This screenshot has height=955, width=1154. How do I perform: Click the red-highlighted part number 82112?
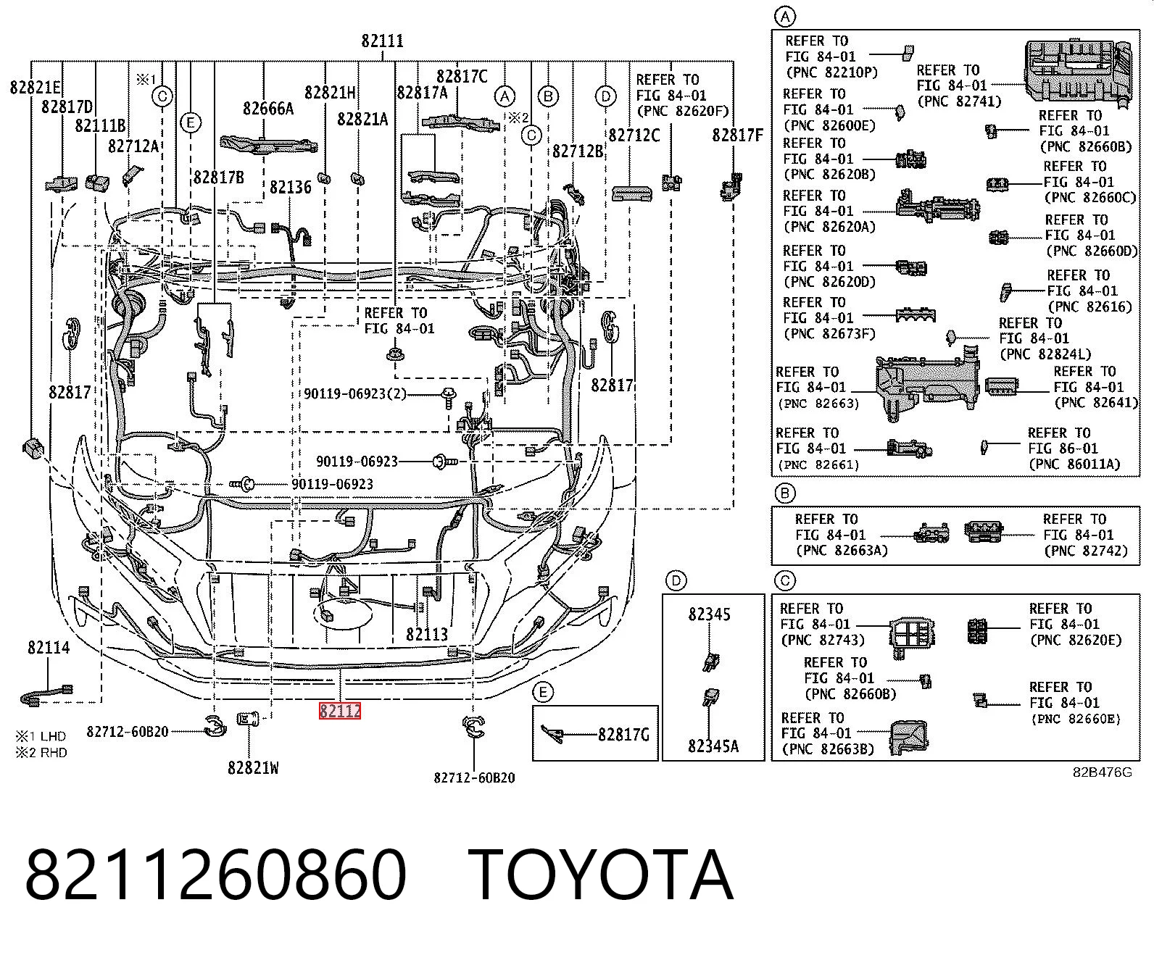tap(340, 711)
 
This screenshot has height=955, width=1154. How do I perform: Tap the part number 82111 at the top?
tap(383, 41)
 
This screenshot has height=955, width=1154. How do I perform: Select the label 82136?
tap(290, 188)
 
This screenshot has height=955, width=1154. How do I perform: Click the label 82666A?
tap(268, 109)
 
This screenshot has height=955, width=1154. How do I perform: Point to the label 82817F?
tap(737, 135)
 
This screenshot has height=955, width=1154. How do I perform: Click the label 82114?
tap(49, 647)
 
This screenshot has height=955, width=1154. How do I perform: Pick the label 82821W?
tap(253, 767)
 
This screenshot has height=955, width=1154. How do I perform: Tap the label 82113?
tap(427, 634)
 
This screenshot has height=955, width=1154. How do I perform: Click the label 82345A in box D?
tap(713, 746)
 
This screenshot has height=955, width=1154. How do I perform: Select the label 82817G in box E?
tap(623, 735)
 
